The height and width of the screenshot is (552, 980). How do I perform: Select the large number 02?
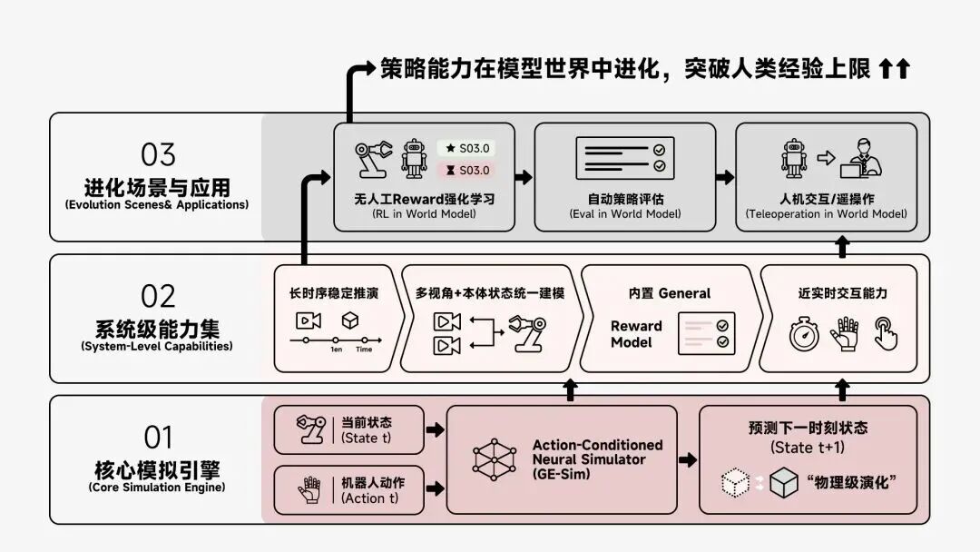(x=158, y=296)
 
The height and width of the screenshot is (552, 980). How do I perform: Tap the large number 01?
(x=158, y=438)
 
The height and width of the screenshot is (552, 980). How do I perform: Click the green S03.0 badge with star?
(x=467, y=148)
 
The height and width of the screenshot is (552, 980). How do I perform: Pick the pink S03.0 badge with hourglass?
(x=467, y=170)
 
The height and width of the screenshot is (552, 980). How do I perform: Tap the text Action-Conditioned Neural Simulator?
(x=597, y=452)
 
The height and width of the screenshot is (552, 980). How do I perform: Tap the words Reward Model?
(x=636, y=334)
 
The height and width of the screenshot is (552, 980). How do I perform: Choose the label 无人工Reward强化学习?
(x=425, y=198)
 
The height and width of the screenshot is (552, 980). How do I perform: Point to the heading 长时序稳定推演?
(x=333, y=293)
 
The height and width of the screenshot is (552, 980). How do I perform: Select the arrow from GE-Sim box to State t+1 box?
(x=688, y=459)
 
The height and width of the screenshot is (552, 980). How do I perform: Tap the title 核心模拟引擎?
(x=158, y=470)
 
